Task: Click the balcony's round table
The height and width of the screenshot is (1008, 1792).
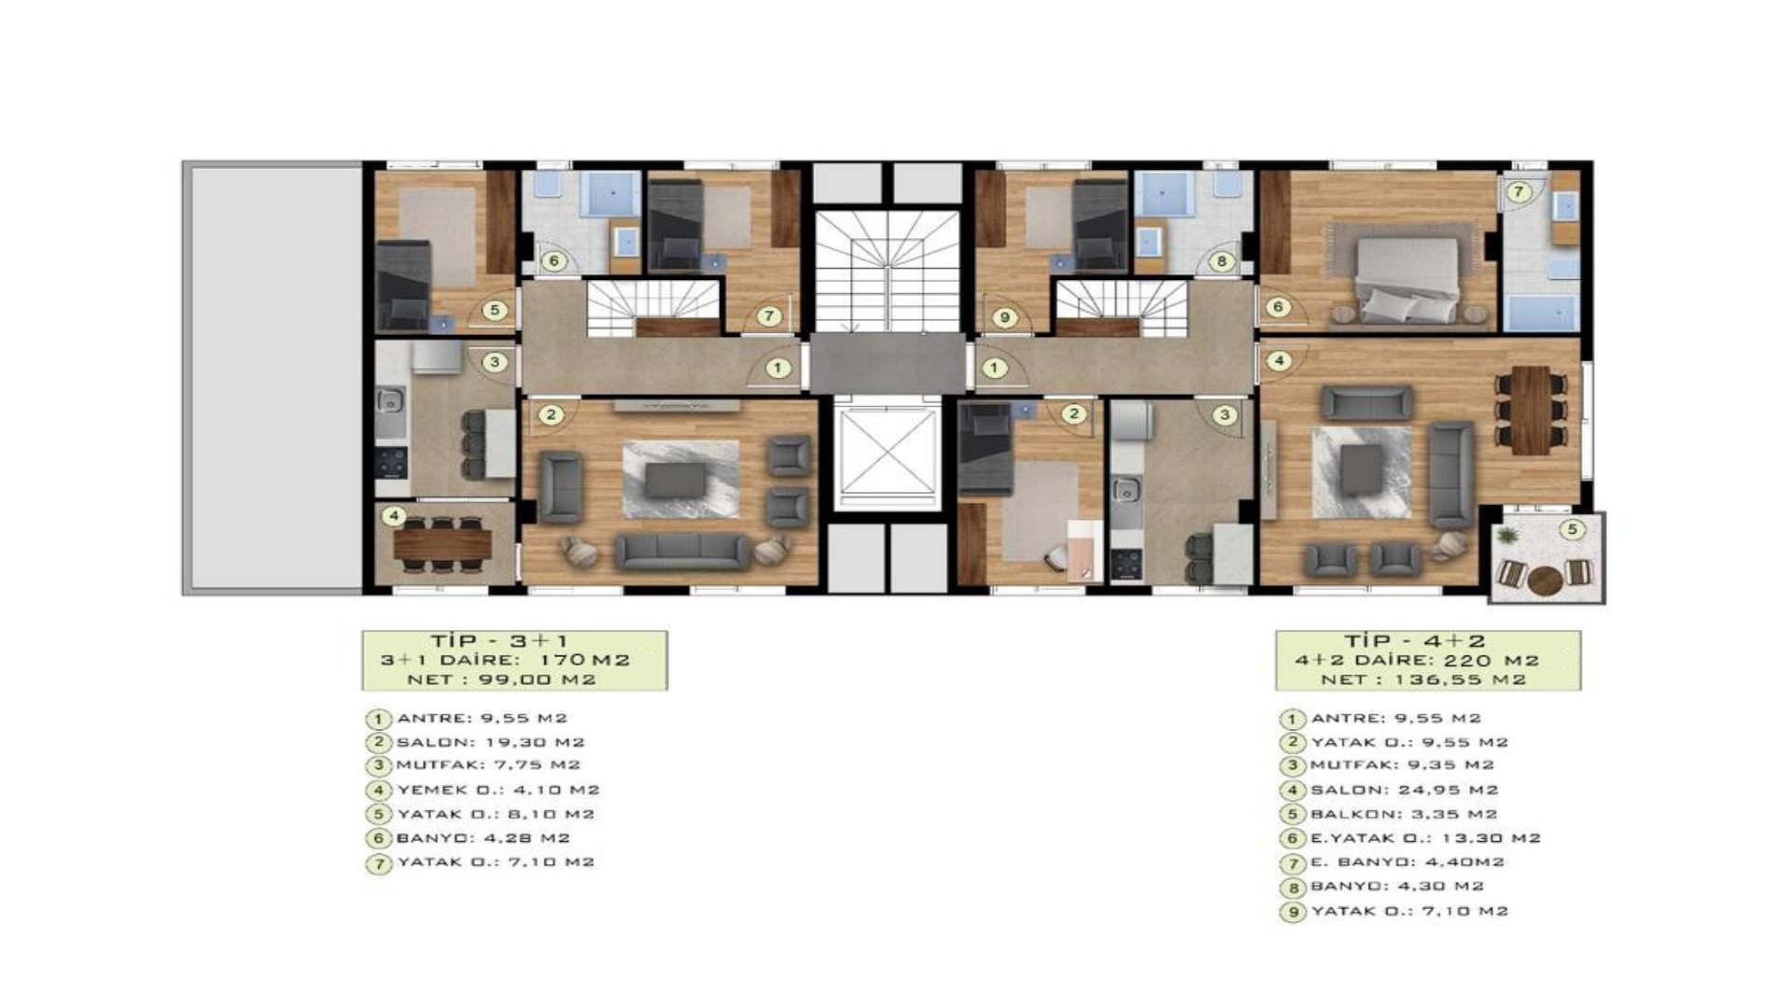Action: tap(1546, 581)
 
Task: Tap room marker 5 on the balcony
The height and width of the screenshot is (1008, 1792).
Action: tap(1572, 530)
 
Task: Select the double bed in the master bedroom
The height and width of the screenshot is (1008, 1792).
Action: tap(1407, 279)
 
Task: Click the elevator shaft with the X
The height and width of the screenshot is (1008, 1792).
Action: tap(887, 454)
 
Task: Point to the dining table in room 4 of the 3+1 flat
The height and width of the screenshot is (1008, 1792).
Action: tap(442, 543)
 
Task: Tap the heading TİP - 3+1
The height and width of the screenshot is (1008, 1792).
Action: tap(499, 641)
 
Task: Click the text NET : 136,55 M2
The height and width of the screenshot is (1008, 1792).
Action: tap(1423, 679)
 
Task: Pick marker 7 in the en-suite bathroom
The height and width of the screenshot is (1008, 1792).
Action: tap(1519, 192)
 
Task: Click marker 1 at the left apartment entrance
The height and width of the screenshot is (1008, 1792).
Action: tap(777, 369)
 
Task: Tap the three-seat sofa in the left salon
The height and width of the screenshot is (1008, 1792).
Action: tap(682, 552)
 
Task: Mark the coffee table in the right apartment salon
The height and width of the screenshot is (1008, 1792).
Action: tap(1362, 469)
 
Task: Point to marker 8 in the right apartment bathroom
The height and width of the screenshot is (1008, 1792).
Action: tap(1221, 261)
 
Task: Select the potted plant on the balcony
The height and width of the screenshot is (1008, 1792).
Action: tap(1506, 537)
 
